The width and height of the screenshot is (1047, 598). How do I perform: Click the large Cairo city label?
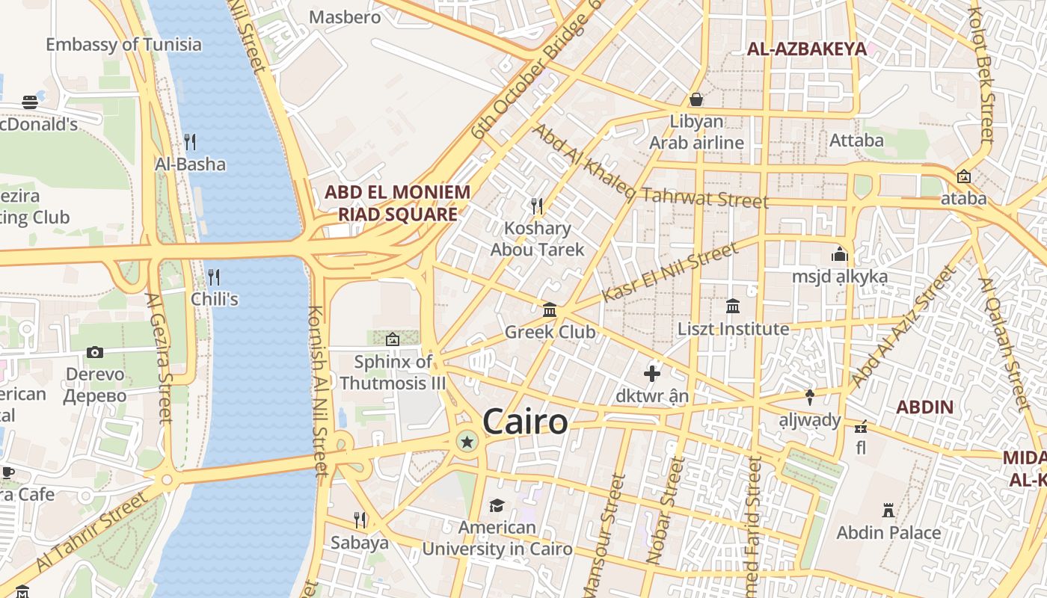point(525,422)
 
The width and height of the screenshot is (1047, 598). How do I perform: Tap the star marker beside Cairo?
point(467,442)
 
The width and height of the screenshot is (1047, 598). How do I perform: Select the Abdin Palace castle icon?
point(888,511)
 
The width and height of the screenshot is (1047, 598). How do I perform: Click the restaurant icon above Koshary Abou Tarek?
point(536,205)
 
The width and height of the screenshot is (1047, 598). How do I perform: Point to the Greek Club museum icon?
point(550,309)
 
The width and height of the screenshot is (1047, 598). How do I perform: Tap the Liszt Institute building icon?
point(733,306)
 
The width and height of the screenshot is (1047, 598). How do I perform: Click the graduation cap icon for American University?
point(497,506)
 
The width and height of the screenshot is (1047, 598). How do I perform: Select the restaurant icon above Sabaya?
point(360,520)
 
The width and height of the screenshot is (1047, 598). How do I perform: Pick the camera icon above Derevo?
point(95,352)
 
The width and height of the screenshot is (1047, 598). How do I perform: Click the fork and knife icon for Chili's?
point(214,277)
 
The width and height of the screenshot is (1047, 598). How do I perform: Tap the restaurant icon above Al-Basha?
point(190,141)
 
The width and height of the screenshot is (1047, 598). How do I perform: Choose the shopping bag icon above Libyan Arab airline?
point(696,99)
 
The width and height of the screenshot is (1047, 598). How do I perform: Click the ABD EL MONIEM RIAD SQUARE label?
point(398,203)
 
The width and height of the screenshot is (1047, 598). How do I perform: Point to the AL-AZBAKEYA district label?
point(807,49)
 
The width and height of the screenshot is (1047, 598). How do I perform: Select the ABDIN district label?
point(925,407)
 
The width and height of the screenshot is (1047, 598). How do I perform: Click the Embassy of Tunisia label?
point(123,44)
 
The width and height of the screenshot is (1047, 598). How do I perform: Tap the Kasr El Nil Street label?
point(669,273)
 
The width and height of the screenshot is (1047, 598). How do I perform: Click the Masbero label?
point(345,16)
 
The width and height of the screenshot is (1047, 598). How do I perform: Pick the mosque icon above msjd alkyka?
point(840,254)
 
